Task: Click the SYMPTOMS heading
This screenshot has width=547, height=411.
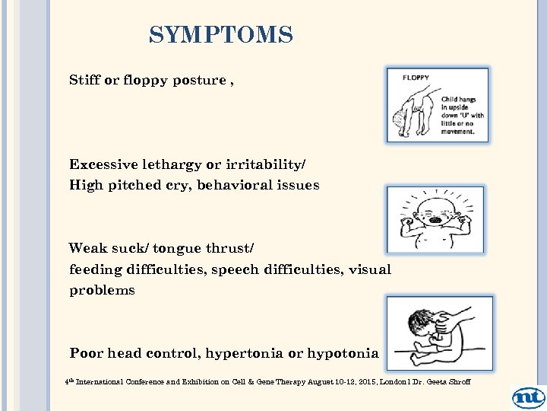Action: coord(220,35)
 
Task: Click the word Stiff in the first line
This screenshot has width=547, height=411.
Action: coord(84,80)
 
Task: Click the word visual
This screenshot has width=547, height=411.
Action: coord(369,269)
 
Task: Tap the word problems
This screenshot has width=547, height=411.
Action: coord(102,290)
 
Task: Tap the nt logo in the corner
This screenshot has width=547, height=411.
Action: coord(528,397)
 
